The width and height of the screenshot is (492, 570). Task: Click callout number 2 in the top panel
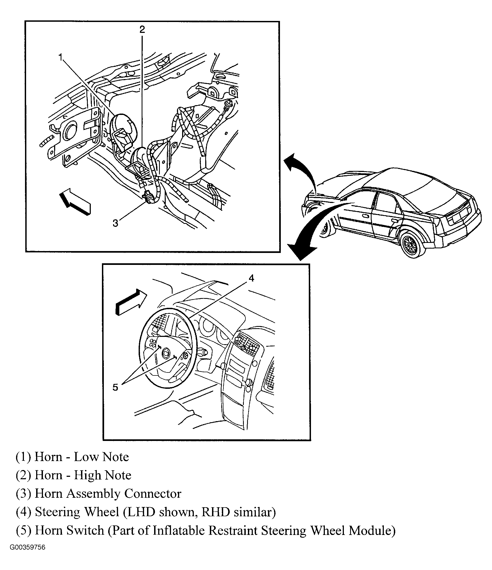click(142, 29)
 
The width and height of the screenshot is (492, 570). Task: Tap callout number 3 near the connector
click(116, 223)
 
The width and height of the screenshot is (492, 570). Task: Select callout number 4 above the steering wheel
click(251, 278)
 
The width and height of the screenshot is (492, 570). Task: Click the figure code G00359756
click(27, 555)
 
